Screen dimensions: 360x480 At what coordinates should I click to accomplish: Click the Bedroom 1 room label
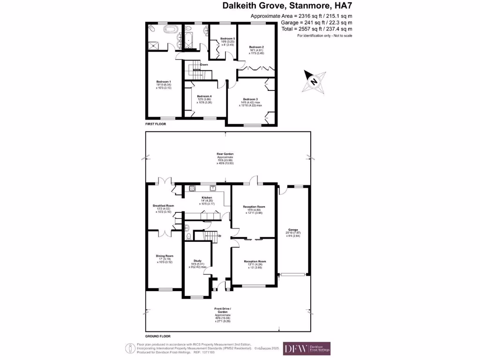[164, 81]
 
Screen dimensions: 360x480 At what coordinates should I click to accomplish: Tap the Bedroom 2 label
[256, 47]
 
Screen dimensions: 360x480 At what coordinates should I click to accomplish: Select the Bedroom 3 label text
[250, 99]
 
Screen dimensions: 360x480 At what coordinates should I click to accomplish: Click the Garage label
[293, 230]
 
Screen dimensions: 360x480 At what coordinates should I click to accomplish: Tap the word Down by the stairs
[204, 65]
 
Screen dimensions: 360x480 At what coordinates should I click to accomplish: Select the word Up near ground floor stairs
[219, 235]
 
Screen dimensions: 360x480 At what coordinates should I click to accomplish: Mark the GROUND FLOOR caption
[157, 336]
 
